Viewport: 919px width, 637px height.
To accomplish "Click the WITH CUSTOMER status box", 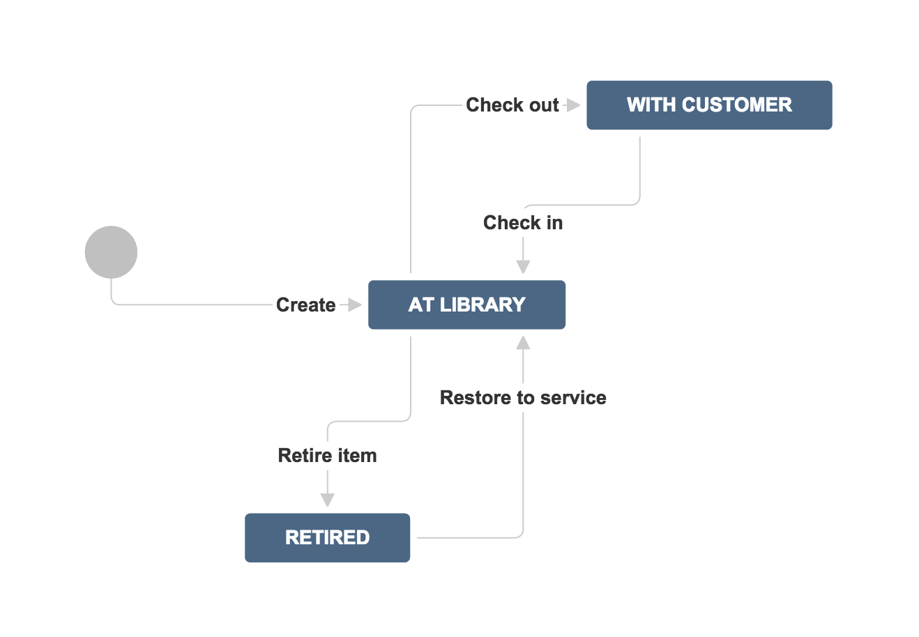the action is (x=709, y=105).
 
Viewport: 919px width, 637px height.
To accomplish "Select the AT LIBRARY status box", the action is (x=467, y=305).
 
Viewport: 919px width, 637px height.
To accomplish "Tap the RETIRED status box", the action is (x=328, y=538).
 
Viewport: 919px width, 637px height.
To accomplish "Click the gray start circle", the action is (x=111, y=252).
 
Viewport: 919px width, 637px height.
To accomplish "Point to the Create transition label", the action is (x=306, y=305).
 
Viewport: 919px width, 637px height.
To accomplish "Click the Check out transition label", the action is (x=512, y=105).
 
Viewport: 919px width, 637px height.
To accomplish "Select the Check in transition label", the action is (x=523, y=223).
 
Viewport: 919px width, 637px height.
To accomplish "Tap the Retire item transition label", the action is (x=328, y=455).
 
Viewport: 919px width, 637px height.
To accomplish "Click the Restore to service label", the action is (x=523, y=397).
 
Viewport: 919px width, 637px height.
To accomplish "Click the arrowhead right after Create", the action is (x=354, y=305).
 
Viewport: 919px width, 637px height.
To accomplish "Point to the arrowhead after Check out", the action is (x=573, y=105).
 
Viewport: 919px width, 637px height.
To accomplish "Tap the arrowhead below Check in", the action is (x=523, y=267).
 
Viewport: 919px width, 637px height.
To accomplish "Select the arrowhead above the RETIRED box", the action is (x=328, y=500).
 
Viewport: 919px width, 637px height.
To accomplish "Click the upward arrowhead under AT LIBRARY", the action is (x=523, y=342).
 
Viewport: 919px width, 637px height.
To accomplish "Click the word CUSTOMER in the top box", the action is (x=737, y=105).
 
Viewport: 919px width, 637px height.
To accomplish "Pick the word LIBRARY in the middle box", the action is (x=483, y=305).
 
